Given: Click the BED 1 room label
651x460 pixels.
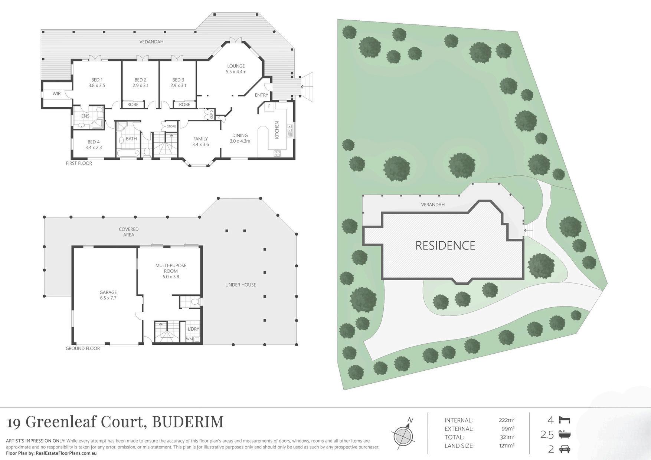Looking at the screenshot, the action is tap(96, 82).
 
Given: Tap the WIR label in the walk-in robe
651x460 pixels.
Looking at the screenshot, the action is tap(56, 94).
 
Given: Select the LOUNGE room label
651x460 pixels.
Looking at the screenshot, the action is tap(236, 69).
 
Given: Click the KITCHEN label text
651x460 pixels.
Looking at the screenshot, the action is tap(277, 130).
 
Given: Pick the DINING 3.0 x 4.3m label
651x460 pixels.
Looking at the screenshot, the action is tap(240, 138).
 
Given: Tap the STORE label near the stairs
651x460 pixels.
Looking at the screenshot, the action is tap(171, 126).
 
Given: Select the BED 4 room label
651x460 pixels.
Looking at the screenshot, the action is tap(94, 145).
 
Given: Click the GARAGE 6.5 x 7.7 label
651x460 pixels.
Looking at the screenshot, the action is tap(108, 295).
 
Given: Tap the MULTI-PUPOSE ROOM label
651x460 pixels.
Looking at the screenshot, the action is tap(171, 271).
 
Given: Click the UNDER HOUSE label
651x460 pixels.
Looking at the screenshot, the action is tap(241, 285).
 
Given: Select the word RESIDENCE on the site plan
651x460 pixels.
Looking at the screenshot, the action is tap(445, 245).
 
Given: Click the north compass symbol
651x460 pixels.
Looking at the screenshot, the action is tap(403, 435).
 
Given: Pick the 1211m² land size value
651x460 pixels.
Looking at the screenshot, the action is tap(506, 446).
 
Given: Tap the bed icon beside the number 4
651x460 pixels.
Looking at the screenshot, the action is tap(565, 420).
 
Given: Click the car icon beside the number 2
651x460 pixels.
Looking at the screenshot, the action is tap(565, 449).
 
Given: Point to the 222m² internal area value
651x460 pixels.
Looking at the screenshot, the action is tap(506, 420).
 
